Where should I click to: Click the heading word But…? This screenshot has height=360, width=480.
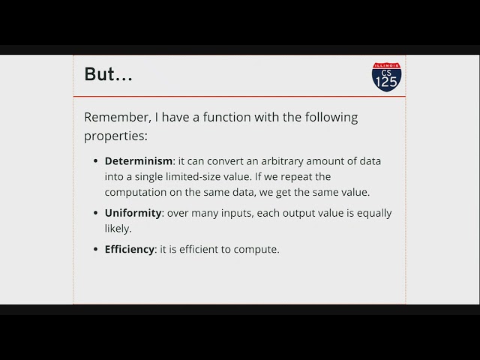point(108,75)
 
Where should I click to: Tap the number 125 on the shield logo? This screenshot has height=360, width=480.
point(386,82)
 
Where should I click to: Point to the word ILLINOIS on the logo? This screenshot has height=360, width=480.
point(386,66)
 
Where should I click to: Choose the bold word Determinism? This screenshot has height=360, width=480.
point(139,161)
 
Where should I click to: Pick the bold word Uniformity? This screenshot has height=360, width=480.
point(133,213)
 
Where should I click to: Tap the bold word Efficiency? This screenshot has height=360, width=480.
point(130,250)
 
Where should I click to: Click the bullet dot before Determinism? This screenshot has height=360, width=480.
point(95,161)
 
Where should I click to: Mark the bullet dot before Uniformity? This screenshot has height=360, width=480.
point(95,213)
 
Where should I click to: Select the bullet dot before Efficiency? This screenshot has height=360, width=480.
point(95,250)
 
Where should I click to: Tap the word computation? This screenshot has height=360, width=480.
point(136,192)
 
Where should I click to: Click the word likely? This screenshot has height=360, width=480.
point(118,228)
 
